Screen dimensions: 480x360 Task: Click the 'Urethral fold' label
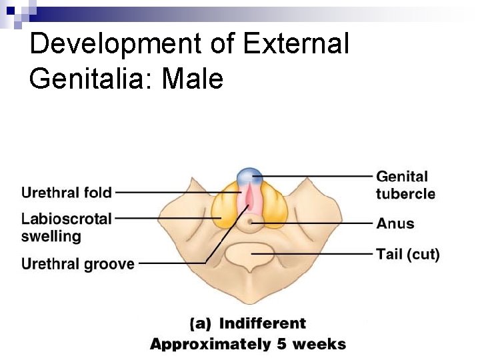(67, 193)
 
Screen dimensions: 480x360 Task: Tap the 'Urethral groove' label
(78, 264)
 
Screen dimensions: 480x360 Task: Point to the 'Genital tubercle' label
(405, 185)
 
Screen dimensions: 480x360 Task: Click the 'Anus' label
(395, 223)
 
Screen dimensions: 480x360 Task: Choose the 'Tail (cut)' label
(408, 254)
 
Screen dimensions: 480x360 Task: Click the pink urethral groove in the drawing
(249, 200)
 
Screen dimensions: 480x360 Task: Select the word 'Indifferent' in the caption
(263, 324)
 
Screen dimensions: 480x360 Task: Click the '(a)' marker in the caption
(201, 324)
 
